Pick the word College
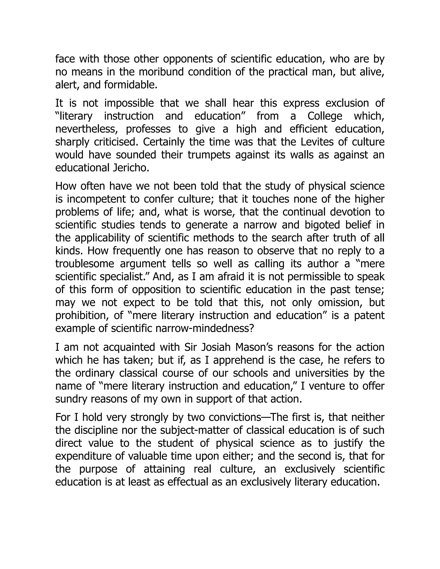point(325,116)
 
